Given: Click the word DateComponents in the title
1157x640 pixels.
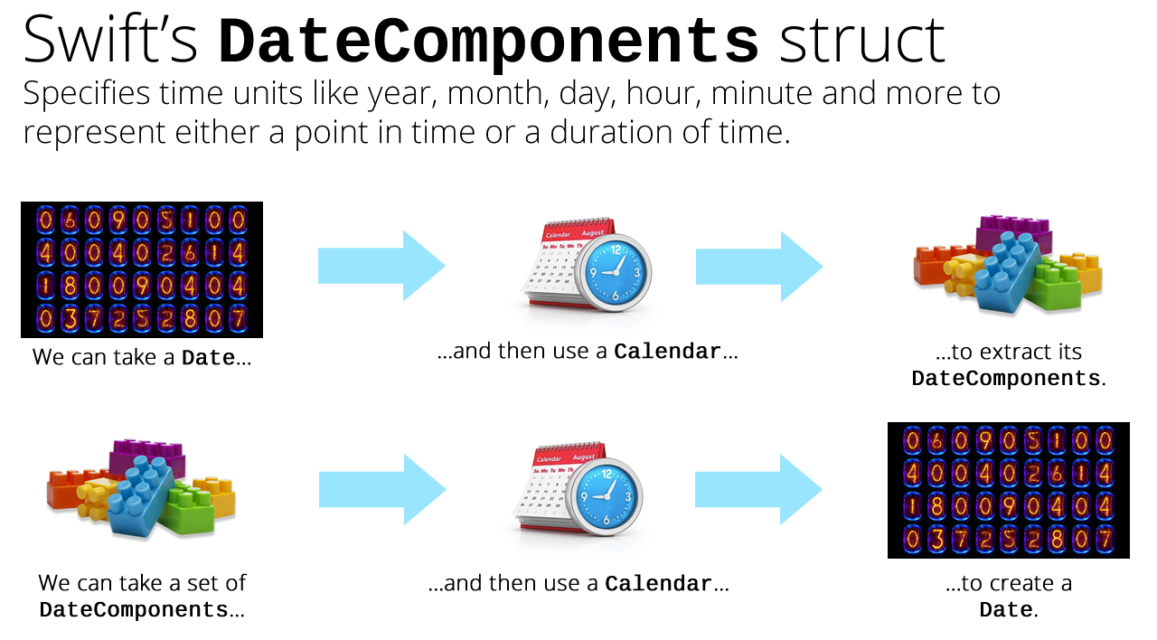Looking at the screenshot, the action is click(x=488, y=42).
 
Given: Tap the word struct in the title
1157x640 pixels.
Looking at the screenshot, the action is click(x=861, y=41).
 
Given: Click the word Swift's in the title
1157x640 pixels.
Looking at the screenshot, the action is click(x=110, y=39).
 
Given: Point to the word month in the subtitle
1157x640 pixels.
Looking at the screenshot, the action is click(x=494, y=93).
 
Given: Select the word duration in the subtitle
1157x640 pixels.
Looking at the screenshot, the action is click(x=610, y=132).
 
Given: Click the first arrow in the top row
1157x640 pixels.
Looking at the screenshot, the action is click(x=381, y=266).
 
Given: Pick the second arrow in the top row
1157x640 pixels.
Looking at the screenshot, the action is click(x=759, y=266).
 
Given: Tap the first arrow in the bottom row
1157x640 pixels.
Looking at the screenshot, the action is click(x=382, y=489).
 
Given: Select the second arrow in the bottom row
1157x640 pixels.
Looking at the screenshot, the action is click(x=758, y=489).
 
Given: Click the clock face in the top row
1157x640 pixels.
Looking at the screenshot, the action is click(x=615, y=272).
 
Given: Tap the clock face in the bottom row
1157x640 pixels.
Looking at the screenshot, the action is click(x=606, y=496).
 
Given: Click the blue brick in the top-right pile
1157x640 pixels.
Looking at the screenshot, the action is click(x=1007, y=271).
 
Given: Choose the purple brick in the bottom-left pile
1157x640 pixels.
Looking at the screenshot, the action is click(x=147, y=456).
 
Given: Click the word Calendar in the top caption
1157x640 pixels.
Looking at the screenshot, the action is click(x=667, y=352).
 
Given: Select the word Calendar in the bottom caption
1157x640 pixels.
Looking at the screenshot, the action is click(x=659, y=584).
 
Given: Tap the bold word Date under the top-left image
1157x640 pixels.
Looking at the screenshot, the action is click(x=208, y=357).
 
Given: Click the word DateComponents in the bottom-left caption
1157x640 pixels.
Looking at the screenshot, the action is click(x=134, y=610).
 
